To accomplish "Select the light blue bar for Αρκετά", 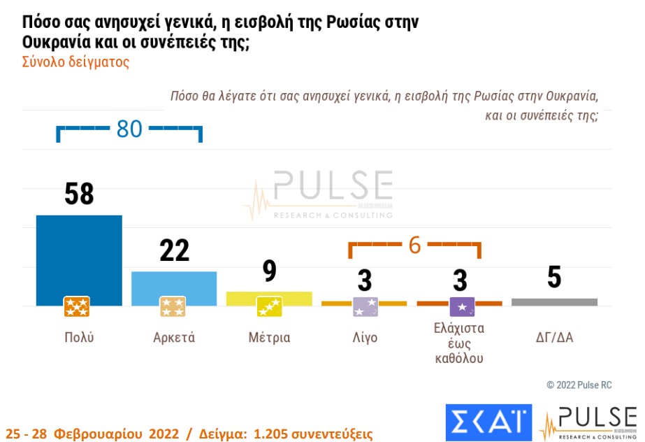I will (x=174, y=284).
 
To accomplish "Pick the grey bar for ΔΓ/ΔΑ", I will (x=554, y=302).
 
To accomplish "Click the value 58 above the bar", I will (x=79, y=194).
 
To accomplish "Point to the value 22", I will (x=174, y=250).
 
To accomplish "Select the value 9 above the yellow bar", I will (x=270, y=271).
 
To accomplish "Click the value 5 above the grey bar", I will (x=554, y=278).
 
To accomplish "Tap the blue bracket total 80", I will (x=129, y=129).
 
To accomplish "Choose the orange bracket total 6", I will (x=415, y=245).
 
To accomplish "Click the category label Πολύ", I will (x=79, y=338).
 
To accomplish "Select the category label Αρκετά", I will (x=174, y=338).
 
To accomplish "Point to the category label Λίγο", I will (x=365, y=338).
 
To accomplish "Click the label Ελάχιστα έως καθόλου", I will (x=460, y=343).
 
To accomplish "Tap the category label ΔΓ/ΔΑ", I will (x=554, y=338).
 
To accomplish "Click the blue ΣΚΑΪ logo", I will (x=488, y=422).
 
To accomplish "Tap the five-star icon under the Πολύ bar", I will (x=77, y=306).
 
